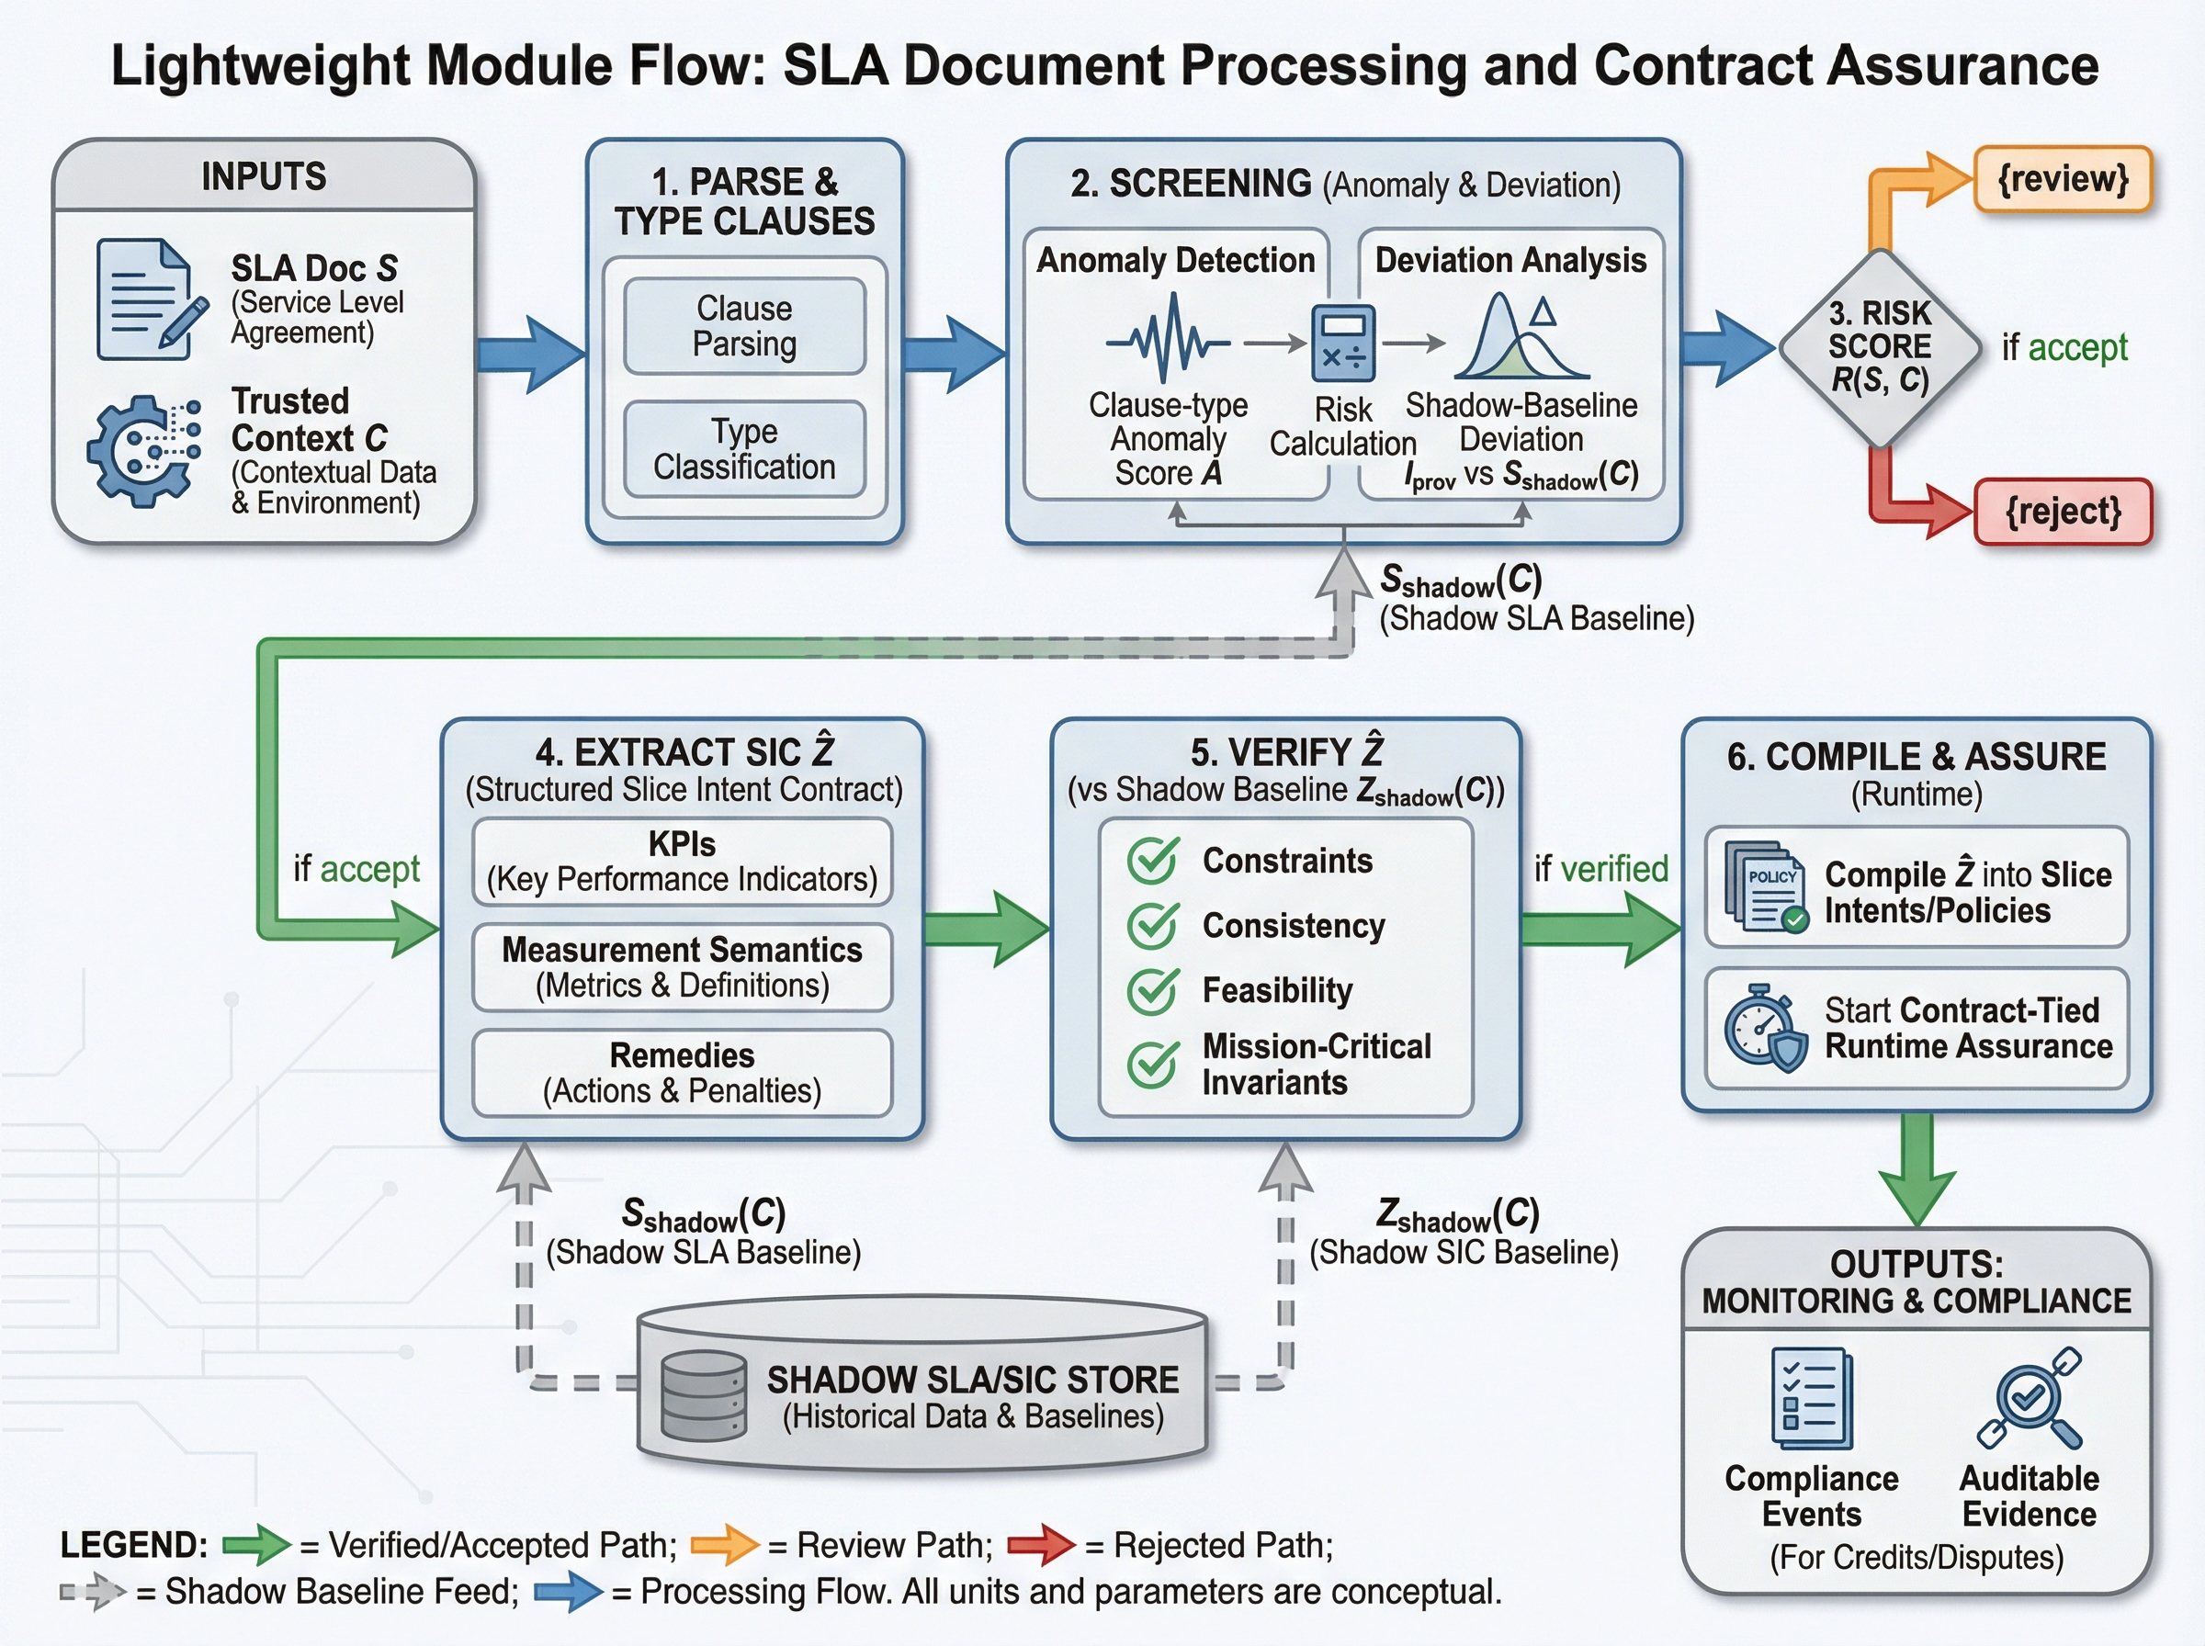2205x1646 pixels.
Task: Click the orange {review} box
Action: (x=2063, y=179)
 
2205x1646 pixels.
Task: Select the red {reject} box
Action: (x=2063, y=511)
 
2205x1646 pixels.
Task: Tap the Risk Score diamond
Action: (x=1879, y=348)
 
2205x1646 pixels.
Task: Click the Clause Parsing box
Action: (x=744, y=326)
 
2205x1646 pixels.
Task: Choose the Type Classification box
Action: (x=744, y=449)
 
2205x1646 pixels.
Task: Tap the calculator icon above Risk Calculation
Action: (x=1343, y=344)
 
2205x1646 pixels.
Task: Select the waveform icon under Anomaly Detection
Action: (x=1168, y=339)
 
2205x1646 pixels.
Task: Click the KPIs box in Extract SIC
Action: (x=683, y=862)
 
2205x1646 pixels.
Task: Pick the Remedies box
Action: (x=683, y=1073)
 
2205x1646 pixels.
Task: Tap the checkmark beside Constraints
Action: (x=1154, y=860)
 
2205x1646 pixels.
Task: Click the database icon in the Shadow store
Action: (x=705, y=1396)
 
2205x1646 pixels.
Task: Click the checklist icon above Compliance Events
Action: (x=1812, y=1397)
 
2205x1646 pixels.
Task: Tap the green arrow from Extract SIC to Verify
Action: (x=987, y=930)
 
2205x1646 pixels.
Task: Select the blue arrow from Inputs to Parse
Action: (x=531, y=354)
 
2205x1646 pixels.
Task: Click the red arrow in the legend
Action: (x=1041, y=1545)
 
